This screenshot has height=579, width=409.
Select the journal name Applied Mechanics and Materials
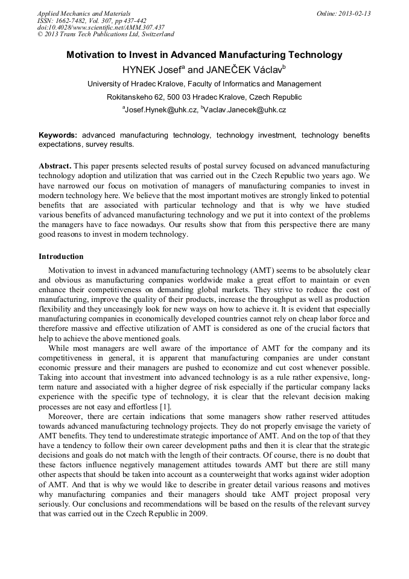pos(83,13)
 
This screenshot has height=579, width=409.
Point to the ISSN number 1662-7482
pos(75,21)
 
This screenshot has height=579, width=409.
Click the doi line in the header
pos(101,28)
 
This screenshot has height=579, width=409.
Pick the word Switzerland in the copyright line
pos(155,34)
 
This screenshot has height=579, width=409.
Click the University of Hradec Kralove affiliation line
pos(204,84)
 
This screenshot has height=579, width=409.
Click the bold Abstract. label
pos(55,165)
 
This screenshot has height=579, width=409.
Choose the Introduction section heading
pos(61,257)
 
